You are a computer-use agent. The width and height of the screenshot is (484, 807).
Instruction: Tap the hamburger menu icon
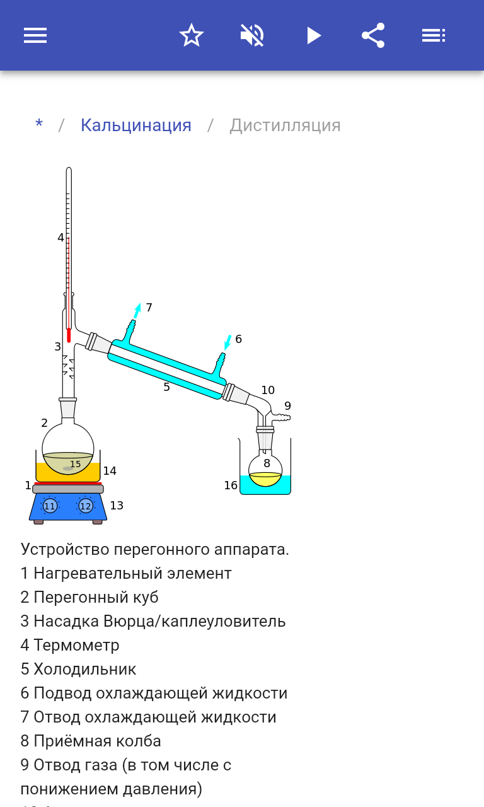coord(35,35)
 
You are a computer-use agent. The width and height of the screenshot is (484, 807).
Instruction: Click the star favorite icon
coord(191,35)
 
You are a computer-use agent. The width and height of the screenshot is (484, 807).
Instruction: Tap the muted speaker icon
coord(252,35)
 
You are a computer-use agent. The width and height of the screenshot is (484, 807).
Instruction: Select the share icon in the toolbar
coord(373,35)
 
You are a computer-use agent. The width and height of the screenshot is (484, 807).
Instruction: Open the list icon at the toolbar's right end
coord(434,35)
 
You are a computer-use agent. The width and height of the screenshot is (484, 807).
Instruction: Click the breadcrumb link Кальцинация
coord(136,125)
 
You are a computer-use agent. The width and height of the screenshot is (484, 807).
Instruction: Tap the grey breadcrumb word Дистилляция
coord(285,125)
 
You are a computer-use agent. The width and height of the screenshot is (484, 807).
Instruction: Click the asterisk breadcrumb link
coord(39,125)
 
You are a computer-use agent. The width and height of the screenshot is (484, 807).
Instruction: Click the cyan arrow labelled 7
coord(137,310)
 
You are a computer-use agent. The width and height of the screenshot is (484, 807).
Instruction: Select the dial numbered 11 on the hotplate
coord(50,506)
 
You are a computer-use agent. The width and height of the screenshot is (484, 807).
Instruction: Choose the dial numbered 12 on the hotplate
coord(86,506)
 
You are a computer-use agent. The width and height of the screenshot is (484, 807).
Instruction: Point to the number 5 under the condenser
coord(166,387)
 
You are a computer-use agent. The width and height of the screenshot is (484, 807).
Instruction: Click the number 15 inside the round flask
coord(76,464)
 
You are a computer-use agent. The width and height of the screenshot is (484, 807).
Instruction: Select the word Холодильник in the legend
coord(85,669)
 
